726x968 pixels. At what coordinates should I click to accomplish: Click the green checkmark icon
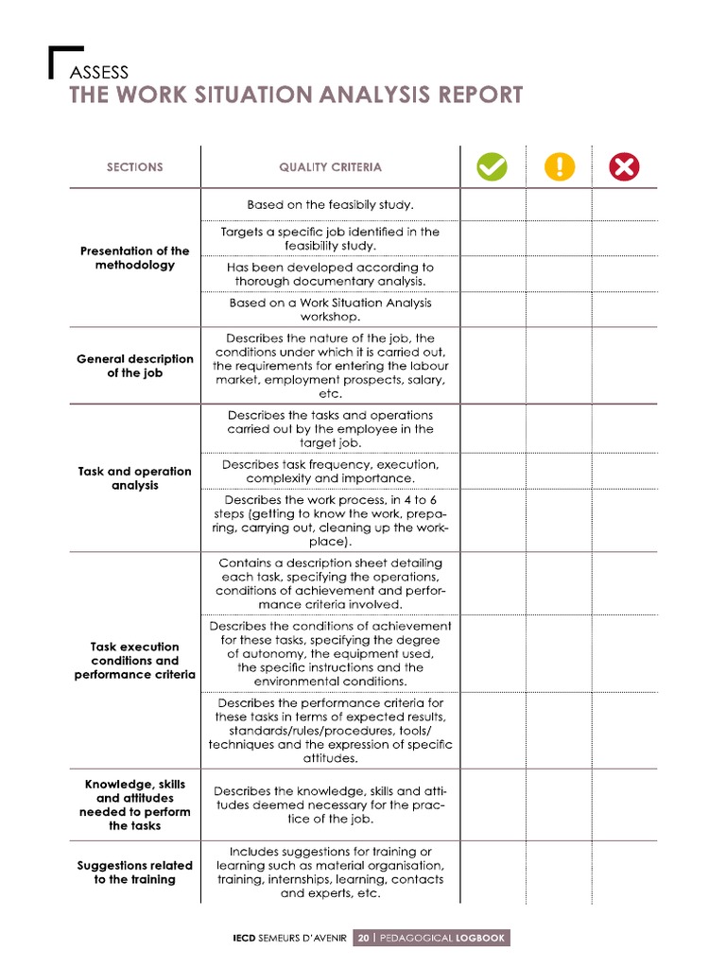point(492,167)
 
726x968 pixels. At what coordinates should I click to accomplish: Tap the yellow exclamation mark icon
point(560,167)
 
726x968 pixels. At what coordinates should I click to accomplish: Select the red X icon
point(625,167)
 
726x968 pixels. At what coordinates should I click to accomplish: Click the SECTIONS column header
point(134,167)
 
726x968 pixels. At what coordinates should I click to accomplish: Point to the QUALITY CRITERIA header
point(330,167)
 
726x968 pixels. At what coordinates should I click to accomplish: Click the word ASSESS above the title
point(98,72)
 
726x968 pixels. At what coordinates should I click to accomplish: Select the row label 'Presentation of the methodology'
point(134,258)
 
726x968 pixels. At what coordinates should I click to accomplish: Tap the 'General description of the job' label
point(134,366)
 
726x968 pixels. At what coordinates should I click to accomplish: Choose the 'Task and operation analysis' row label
point(134,478)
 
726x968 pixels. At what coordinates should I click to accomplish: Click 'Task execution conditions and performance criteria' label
point(134,661)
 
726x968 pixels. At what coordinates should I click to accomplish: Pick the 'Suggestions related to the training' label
point(134,872)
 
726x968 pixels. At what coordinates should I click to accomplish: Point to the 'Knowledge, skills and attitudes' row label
point(134,804)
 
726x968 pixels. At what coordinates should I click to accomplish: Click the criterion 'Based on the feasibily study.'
point(330,204)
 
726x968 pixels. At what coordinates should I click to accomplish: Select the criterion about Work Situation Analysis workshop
point(330,310)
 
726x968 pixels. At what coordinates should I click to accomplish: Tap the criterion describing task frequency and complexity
point(330,472)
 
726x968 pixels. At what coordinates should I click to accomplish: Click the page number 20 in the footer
point(363,939)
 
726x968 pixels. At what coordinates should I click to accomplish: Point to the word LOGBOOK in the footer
point(479,939)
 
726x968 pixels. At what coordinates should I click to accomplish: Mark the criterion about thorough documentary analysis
point(330,274)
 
